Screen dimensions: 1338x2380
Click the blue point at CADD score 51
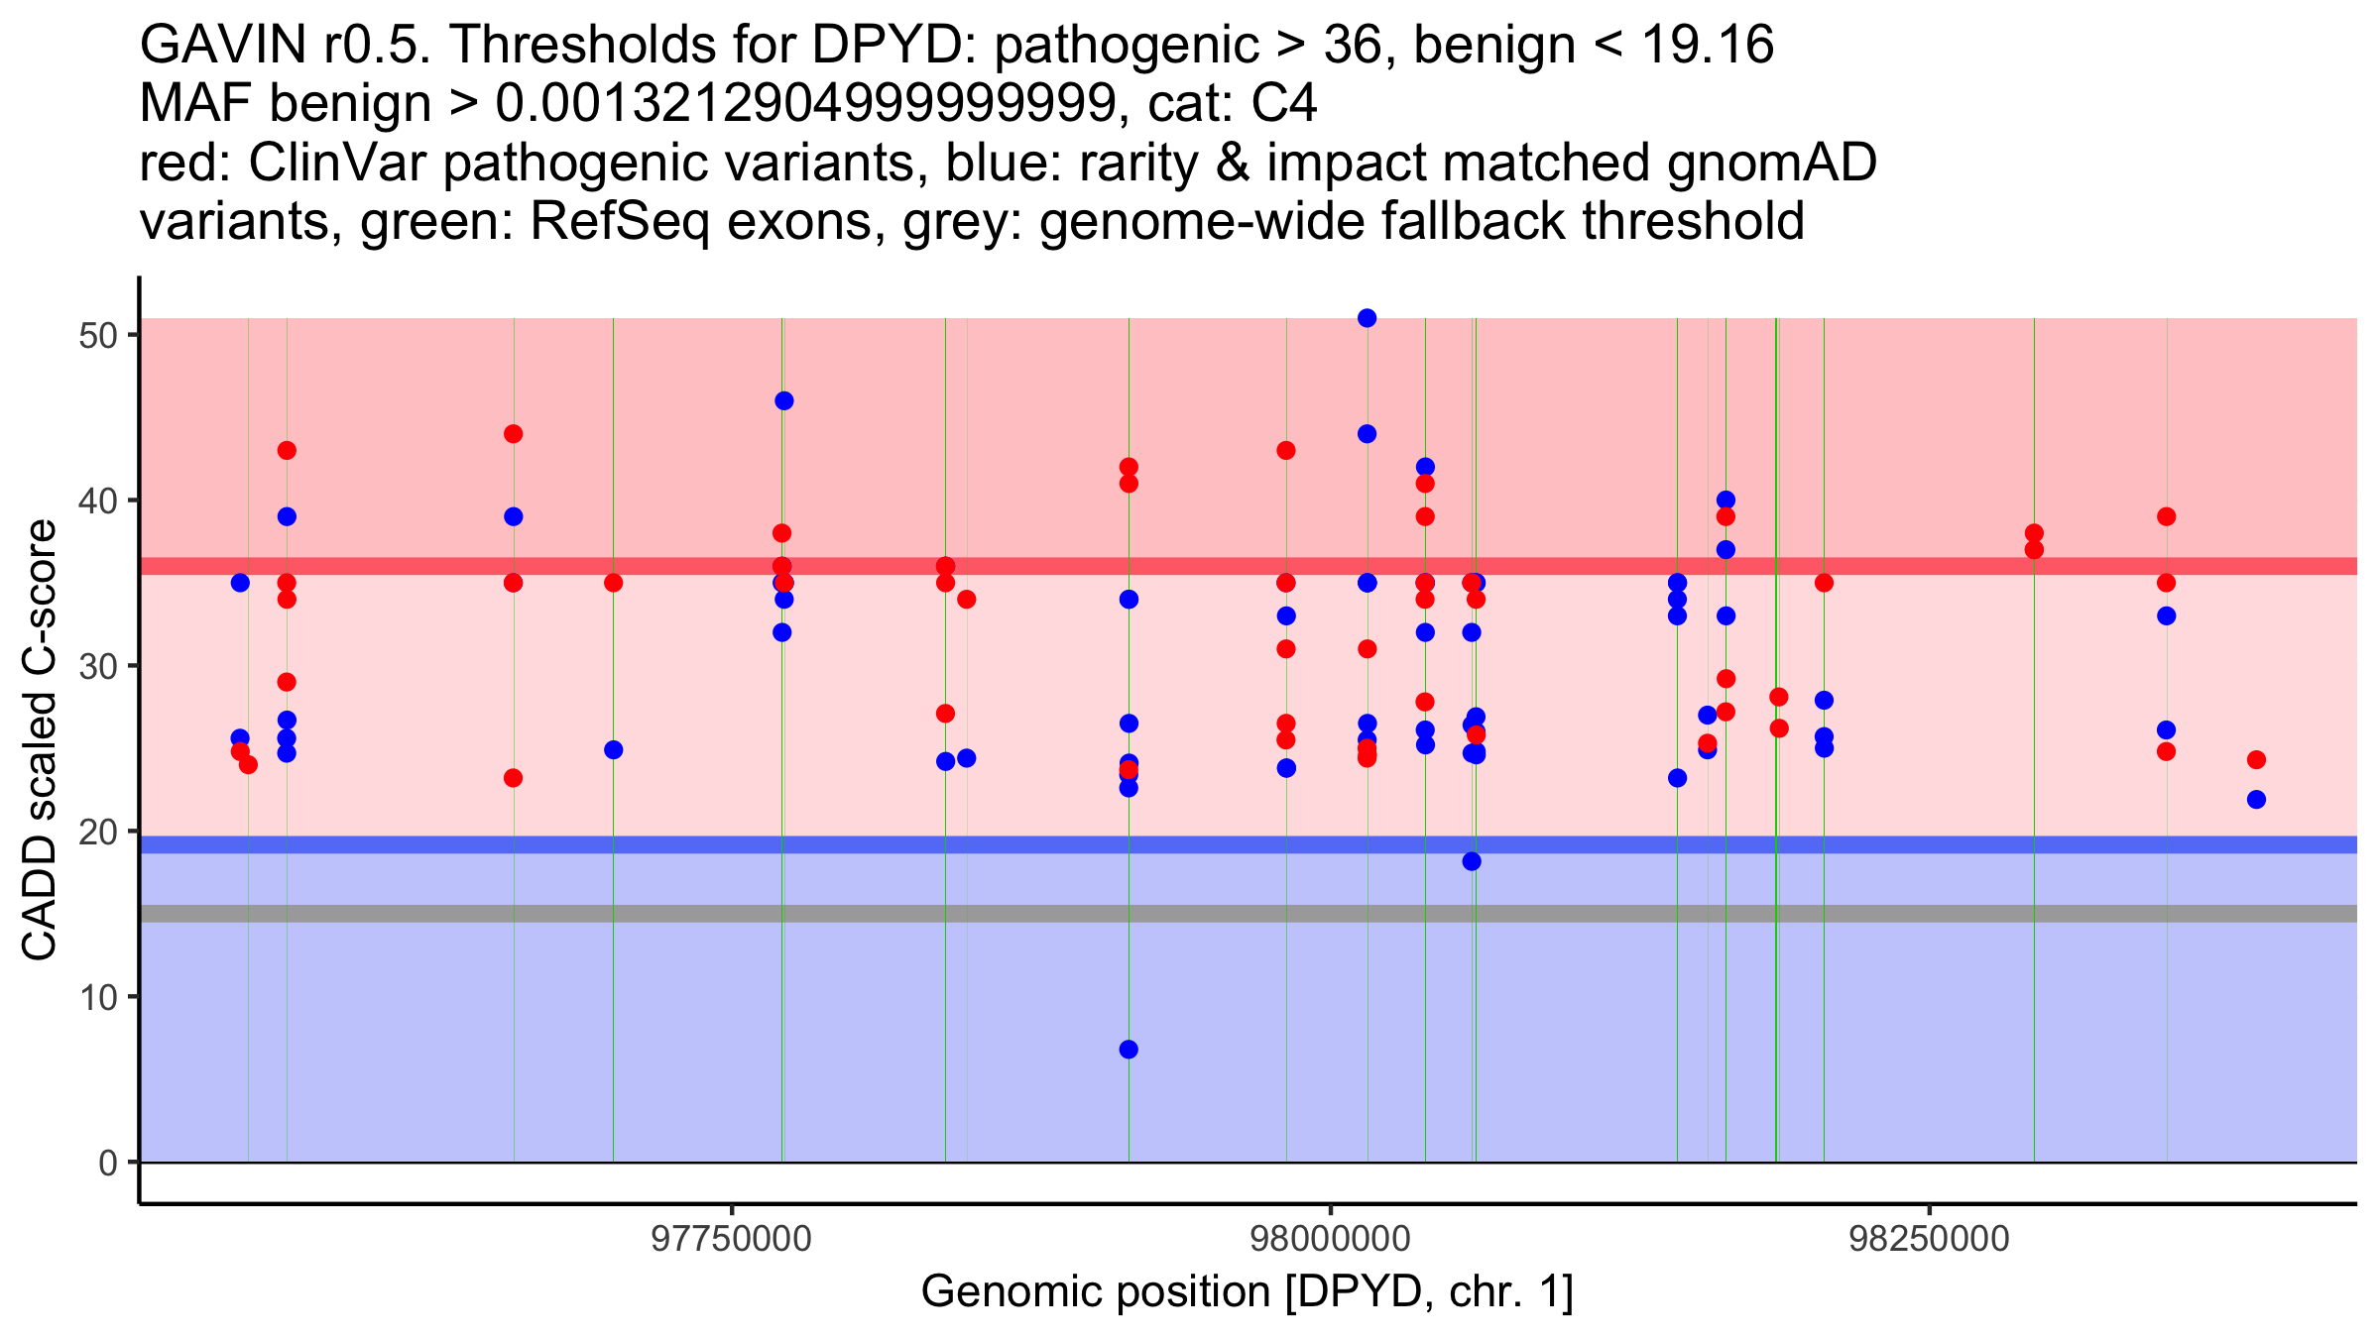pos(1367,318)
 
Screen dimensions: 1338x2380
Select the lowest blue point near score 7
pos(1129,1050)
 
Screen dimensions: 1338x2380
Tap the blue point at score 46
pos(783,400)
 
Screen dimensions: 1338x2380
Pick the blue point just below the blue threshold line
pos(1472,861)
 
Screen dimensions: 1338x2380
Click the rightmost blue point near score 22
pos(2256,799)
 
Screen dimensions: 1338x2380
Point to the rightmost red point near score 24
pos(2256,760)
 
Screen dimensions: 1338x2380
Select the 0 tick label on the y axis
pos(108,1163)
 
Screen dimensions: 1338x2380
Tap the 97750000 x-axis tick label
pos(731,1239)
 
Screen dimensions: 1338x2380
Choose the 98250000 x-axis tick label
pos(1929,1239)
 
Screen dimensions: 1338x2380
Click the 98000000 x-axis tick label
pos(1330,1239)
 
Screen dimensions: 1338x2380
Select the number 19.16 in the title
pos(1708,45)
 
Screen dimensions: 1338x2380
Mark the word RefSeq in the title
pos(620,221)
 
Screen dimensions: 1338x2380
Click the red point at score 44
pos(513,434)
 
